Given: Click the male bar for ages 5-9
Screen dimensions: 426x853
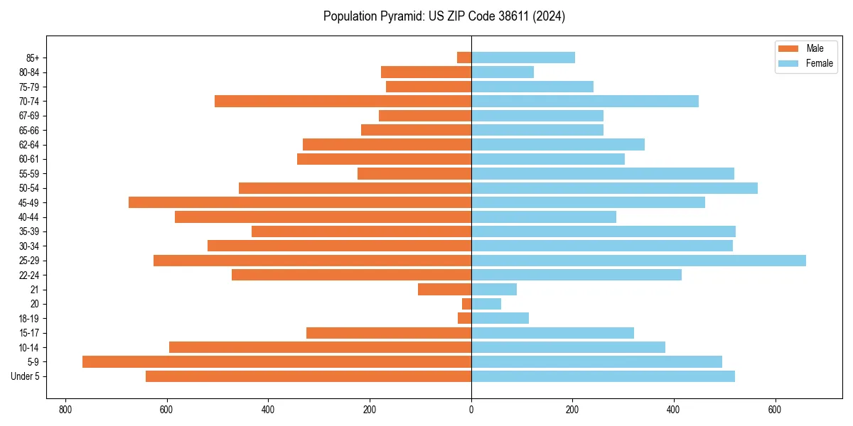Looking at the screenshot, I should [277, 361].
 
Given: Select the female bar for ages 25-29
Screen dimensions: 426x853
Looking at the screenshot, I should [638, 261].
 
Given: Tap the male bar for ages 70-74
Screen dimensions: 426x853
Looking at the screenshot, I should [343, 101].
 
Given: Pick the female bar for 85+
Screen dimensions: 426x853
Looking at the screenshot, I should [523, 58].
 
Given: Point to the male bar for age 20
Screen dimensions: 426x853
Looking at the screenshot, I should [466, 304].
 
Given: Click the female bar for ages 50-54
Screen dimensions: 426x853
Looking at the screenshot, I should [614, 188].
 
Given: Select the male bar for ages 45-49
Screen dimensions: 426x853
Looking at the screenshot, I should [300, 202].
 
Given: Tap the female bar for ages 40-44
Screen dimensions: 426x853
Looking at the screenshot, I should [544, 217].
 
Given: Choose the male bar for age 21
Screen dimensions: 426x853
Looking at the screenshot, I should [444, 289].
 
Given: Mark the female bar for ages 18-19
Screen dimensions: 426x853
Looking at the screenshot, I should [500, 318].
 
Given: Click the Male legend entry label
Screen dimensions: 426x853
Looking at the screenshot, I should [815, 48].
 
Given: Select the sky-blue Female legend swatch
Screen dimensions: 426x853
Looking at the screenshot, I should [789, 63].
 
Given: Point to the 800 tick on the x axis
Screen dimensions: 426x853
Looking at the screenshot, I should [65, 410].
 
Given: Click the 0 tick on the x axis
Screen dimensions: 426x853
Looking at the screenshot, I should [471, 410].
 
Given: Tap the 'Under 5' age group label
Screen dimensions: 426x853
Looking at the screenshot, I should [25, 376].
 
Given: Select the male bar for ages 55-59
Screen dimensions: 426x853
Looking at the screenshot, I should [414, 173].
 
